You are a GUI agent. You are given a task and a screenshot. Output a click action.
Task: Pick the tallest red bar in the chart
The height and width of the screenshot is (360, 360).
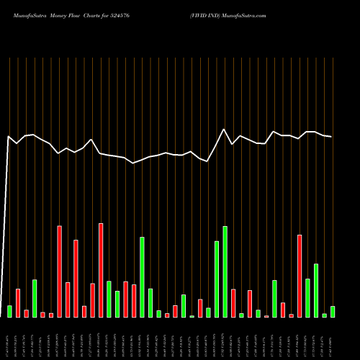(x=101, y=270)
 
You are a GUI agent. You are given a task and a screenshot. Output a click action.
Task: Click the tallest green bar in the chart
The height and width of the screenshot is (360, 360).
(x=225, y=271)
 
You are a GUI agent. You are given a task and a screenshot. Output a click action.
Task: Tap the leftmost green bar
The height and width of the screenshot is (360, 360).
(x=9, y=311)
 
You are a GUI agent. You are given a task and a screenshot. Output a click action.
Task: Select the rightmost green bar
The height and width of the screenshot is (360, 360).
(x=332, y=312)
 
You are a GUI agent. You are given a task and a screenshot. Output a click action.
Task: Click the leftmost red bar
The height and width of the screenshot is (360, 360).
(x=18, y=303)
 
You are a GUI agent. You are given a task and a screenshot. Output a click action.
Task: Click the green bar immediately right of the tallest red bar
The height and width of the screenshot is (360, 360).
(x=109, y=299)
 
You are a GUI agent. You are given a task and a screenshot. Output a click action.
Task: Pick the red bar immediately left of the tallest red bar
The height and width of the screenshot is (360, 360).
(x=92, y=300)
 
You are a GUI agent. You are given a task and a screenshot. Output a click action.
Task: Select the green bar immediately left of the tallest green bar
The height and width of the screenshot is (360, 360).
(x=217, y=279)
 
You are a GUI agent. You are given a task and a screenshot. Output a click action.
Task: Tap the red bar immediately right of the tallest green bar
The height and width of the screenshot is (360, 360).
(x=233, y=302)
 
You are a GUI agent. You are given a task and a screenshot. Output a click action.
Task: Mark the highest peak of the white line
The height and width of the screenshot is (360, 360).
(x=225, y=130)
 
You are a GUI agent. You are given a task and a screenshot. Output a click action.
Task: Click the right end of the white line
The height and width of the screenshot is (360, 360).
(x=331, y=137)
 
